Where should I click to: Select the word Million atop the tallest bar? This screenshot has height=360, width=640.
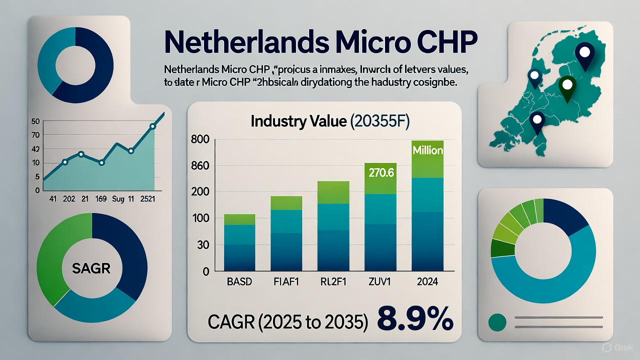pos(428,149)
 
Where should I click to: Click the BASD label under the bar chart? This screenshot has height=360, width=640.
pos(239,282)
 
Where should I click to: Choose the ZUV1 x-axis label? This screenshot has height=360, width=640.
pos(380,282)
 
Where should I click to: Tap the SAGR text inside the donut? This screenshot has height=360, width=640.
pos(91,268)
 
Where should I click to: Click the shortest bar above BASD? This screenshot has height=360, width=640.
pos(239,242)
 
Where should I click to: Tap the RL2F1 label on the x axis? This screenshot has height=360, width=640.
pos(333,282)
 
